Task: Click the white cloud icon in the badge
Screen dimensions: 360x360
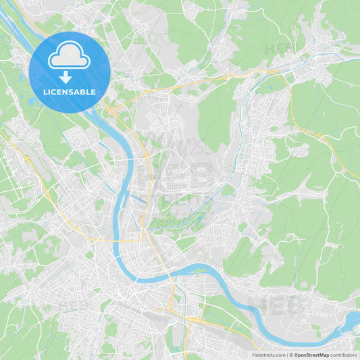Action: (x=69, y=58)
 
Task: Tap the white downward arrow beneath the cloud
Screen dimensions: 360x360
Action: (x=66, y=76)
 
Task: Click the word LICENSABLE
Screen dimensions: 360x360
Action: (x=69, y=92)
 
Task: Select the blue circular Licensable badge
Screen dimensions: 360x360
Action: (x=69, y=71)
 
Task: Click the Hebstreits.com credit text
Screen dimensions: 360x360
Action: (x=268, y=355)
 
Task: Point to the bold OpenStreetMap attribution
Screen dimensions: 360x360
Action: (x=311, y=355)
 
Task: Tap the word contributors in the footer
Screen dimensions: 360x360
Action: (x=343, y=355)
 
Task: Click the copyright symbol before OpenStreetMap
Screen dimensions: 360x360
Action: (x=290, y=355)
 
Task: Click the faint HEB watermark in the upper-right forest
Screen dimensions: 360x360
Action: (x=278, y=49)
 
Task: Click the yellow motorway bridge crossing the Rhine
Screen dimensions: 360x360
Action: (x=145, y=236)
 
